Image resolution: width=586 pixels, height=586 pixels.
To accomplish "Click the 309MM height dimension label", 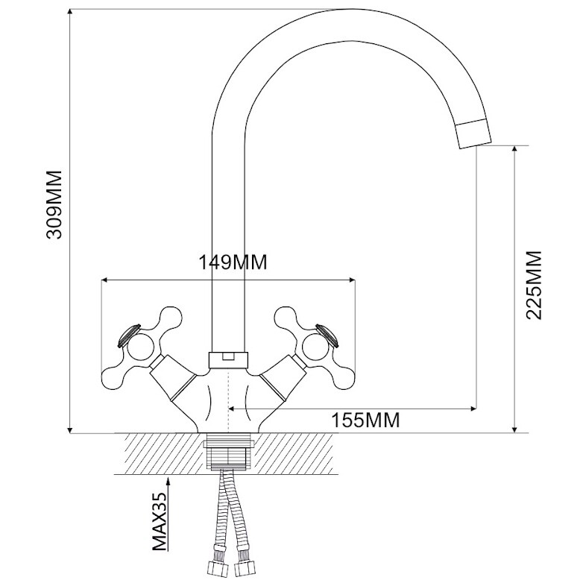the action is [x=54, y=205].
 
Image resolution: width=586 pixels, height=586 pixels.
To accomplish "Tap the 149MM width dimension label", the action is [x=233, y=262].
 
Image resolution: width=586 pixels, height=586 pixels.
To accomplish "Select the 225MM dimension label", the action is [x=534, y=285].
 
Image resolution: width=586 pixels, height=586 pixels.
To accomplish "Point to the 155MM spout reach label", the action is [x=365, y=420].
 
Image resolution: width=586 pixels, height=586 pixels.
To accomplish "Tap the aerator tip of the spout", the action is [x=473, y=133].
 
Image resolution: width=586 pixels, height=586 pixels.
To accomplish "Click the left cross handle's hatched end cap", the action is [x=129, y=335].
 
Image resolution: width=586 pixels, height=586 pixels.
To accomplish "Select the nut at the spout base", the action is [x=228, y=359].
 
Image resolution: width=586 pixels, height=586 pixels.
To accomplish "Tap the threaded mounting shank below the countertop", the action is [x=228, y=452].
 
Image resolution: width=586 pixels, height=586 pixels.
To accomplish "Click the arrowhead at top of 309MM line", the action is [x=70, y=13].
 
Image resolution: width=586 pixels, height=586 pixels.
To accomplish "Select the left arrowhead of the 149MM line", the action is [x=106, y=280].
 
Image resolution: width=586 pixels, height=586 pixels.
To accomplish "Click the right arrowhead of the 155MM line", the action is [x=473, y=409].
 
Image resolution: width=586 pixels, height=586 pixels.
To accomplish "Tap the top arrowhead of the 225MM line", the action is [x=515, y=150].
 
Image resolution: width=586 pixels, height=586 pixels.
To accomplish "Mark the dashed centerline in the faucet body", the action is [x=228, y=400].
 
